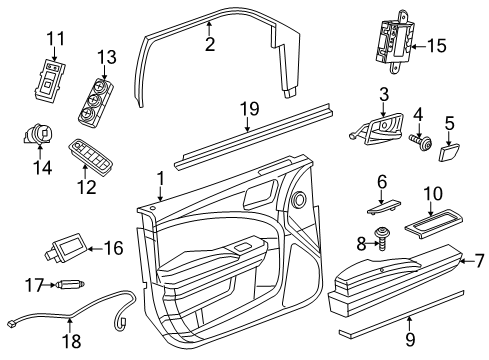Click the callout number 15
pos(465,45)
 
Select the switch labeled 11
pos(49,80)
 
